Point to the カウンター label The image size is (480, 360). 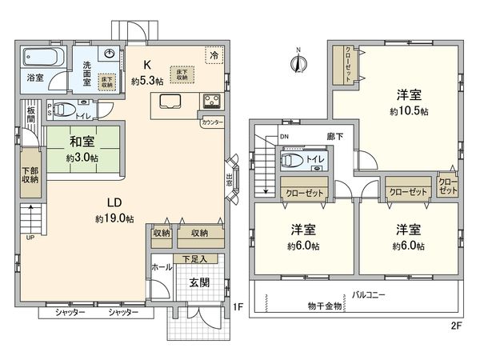coord(212,123)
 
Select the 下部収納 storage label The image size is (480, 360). coord(29,174)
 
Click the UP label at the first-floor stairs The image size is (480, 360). coord(30,238)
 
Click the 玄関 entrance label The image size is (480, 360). coord(200,282)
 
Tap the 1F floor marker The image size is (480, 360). coord(237,306)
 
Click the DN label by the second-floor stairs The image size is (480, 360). coord(283,137)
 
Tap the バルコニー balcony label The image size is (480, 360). coord(369,294)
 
